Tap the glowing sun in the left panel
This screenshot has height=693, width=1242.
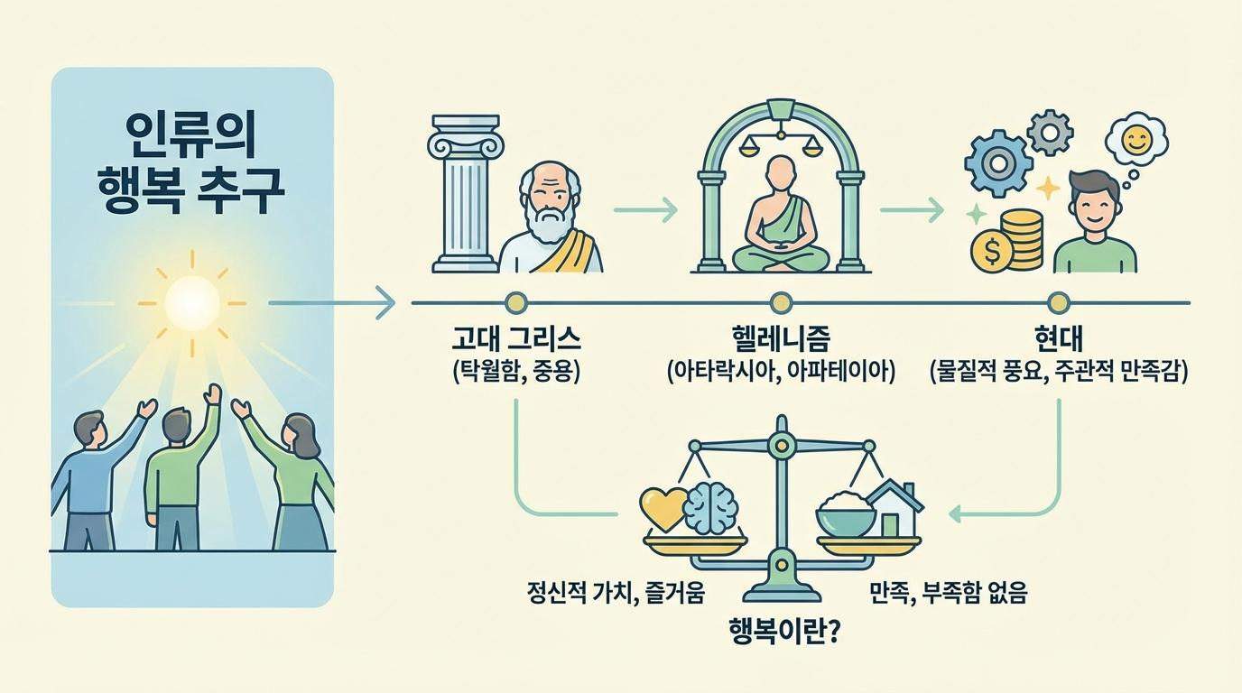[192, 300]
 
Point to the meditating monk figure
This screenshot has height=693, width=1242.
[780, 221]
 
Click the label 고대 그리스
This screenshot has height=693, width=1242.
[515, 339]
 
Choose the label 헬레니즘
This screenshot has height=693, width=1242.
[781, 339]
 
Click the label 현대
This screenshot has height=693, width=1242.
[1058, 339]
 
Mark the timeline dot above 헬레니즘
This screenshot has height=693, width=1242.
[781, 302]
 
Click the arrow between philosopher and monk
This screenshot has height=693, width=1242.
[644, 211]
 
